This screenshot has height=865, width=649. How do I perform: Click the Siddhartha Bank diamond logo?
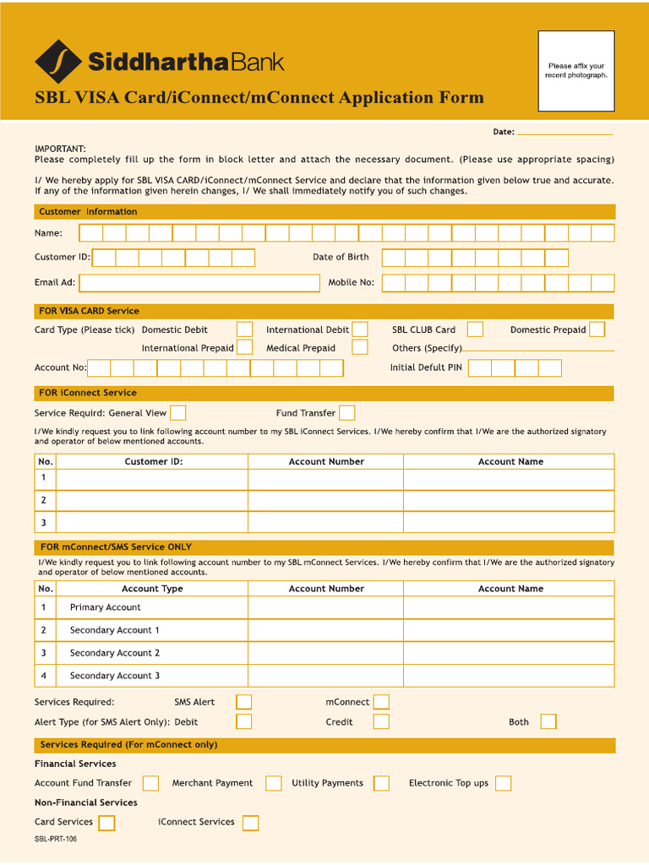[x=58, y=62]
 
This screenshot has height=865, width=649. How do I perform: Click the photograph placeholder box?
[x=576, y=71]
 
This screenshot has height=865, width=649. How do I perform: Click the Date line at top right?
[x=564, y=132]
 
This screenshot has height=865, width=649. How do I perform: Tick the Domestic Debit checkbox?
[x=244, y=329]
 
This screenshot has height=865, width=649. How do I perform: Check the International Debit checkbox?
[x=360, y=329]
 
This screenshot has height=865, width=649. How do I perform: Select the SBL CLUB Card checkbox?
[x=476, y=329]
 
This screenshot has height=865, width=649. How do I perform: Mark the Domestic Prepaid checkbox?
[x=597, y=329]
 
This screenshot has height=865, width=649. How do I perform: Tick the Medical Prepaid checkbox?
[x=360, y=347]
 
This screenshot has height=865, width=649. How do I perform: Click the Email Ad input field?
[x=199, y=282]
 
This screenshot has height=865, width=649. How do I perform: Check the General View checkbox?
[x=178, y=413]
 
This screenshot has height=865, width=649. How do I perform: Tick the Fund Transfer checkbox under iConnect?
[x=346, y=413]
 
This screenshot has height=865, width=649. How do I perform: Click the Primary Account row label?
[x=105, y=607]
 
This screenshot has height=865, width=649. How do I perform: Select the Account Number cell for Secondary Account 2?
[x=325, y=653]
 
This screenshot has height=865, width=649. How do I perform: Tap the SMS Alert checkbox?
[x=243, y=702]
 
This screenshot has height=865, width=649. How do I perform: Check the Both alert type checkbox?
[x=548, y=721]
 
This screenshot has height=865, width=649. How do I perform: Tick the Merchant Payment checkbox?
[x=273, y=783]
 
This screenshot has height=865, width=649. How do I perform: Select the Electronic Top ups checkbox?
[x=503, y=783]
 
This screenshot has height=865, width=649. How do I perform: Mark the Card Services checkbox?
[x=106, y=823]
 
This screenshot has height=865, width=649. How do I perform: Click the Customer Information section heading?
[x=88, y=212]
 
